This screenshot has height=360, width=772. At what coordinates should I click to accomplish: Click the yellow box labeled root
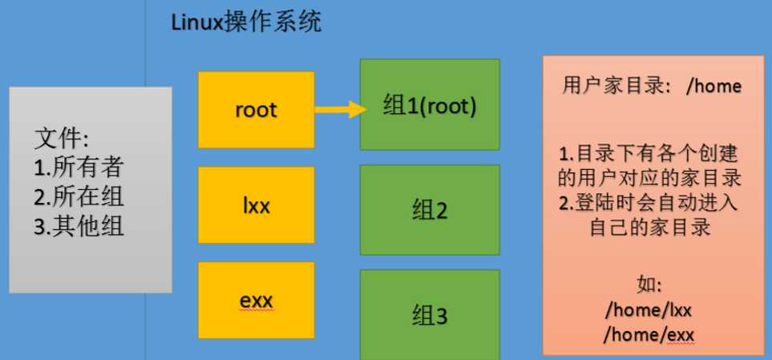click(x=256, y=109)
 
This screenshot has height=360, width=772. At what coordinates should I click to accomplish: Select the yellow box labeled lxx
click(x=256, y=205)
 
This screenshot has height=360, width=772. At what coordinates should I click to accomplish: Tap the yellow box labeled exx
click(x=256, y=300)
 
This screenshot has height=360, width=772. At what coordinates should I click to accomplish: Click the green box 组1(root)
click(x=430, y=104)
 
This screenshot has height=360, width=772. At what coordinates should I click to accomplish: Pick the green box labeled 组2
click(x=430, y=210)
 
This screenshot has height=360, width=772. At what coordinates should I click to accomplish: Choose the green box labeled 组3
click(x=430, y=314)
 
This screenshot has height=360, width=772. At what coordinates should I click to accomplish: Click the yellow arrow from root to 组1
click(x=339, y=109)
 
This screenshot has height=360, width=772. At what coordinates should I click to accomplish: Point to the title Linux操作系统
click(x=245, y=22)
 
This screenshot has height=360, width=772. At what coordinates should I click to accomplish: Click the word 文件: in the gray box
click(x=62, y=140)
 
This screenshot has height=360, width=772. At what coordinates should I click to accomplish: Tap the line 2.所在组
click(x=79, y=198)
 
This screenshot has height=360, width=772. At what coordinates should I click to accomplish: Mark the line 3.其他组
click(x=79, y=227)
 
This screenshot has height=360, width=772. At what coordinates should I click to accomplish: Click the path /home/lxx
click(x=649, y=311)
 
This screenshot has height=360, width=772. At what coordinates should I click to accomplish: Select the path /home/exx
click(x=649, y=335)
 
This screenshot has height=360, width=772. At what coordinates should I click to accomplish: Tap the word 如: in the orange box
click(x=649, y=286)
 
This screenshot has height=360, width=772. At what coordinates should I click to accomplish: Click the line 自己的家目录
click(x=649, y=229)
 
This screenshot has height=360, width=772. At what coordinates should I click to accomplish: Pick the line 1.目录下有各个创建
click(x=649, y=155)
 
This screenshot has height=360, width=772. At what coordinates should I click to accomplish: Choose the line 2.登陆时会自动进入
click(x=649, y=204)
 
